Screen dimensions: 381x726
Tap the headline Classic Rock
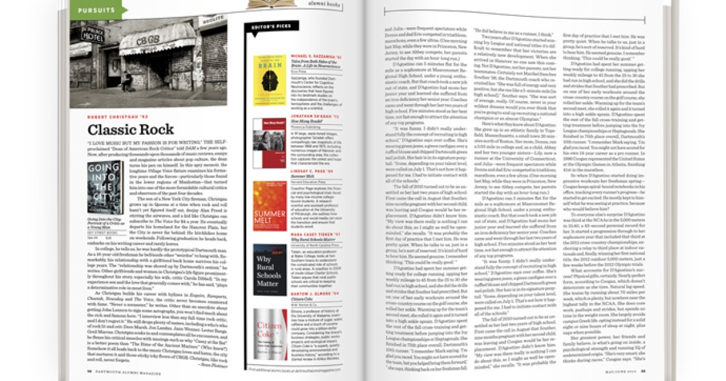coord(131,129)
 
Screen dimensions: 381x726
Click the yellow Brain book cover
coord(269,82)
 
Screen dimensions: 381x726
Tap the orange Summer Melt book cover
coord(270,206)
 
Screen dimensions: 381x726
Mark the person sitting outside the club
coord(127,82)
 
